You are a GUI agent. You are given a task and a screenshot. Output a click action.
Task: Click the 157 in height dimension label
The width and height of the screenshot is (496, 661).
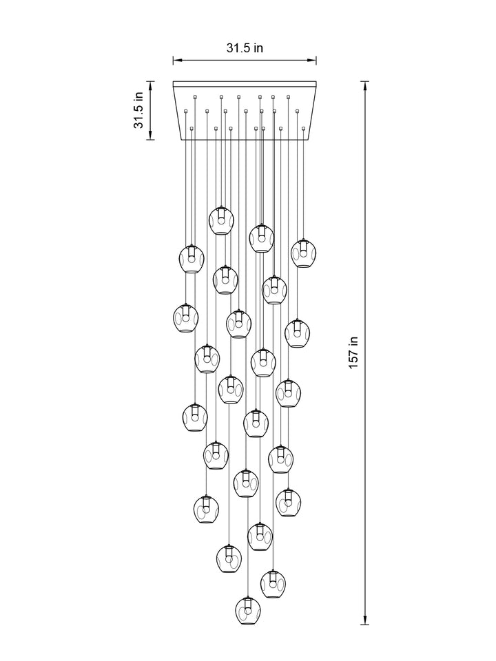tap(353, 352)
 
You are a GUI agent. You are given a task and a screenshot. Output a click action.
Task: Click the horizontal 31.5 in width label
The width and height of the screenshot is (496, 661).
tap(245, 48)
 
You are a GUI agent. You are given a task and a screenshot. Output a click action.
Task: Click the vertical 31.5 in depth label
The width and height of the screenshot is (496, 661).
tap(138, 110)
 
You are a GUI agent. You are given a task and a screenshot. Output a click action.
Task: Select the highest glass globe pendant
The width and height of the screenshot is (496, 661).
tap(221, 220)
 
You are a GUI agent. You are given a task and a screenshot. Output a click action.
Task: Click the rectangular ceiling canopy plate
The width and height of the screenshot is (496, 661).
tap(245, 110)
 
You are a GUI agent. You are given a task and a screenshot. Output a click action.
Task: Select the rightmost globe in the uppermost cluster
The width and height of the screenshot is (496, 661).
tap(302, 253)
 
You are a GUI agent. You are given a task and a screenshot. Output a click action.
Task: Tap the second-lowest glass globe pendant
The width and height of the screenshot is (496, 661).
tap(273, 583)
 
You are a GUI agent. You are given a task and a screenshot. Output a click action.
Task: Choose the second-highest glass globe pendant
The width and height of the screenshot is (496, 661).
tap(261, 238)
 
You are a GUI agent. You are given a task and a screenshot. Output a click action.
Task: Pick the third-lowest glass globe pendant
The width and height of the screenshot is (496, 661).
tap(229, 558)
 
